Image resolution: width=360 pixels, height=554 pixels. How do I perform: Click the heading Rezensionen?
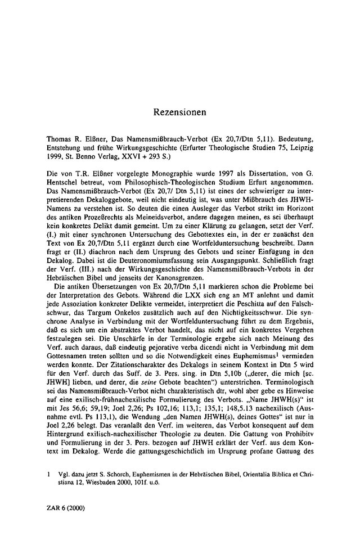[180, 112]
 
